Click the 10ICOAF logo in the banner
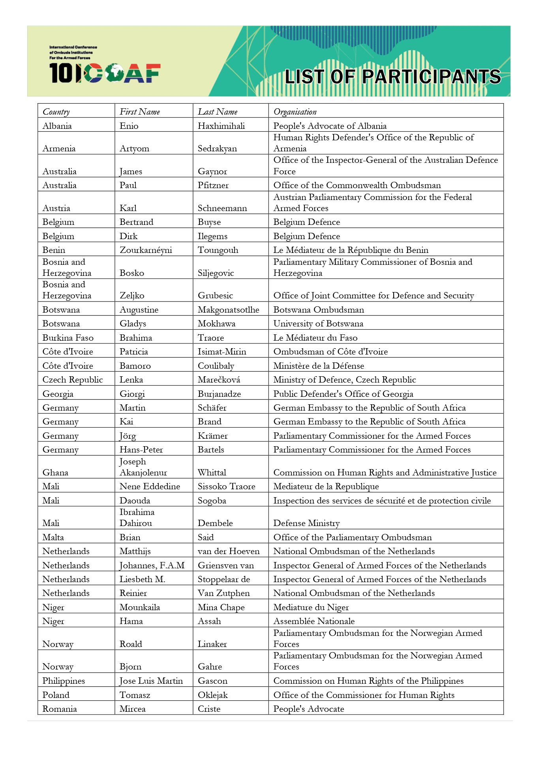[105, 73]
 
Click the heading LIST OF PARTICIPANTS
[392, 77]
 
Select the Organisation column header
[295, 112]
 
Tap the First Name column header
[140, 112]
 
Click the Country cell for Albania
[57, 126]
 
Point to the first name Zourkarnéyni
[146, 250]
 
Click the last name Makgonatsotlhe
[228, 310]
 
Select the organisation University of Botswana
[318, 324]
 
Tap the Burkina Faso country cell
[68, 338]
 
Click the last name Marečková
[219, 380]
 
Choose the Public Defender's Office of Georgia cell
[343, 394]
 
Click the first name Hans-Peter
[141, 450]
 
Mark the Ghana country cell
[55, 473]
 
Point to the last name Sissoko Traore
[226, 487]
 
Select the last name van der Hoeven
[229, 551]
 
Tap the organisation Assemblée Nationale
[314, 621]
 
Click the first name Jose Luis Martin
[151, 681]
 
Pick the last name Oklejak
[212, 695]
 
